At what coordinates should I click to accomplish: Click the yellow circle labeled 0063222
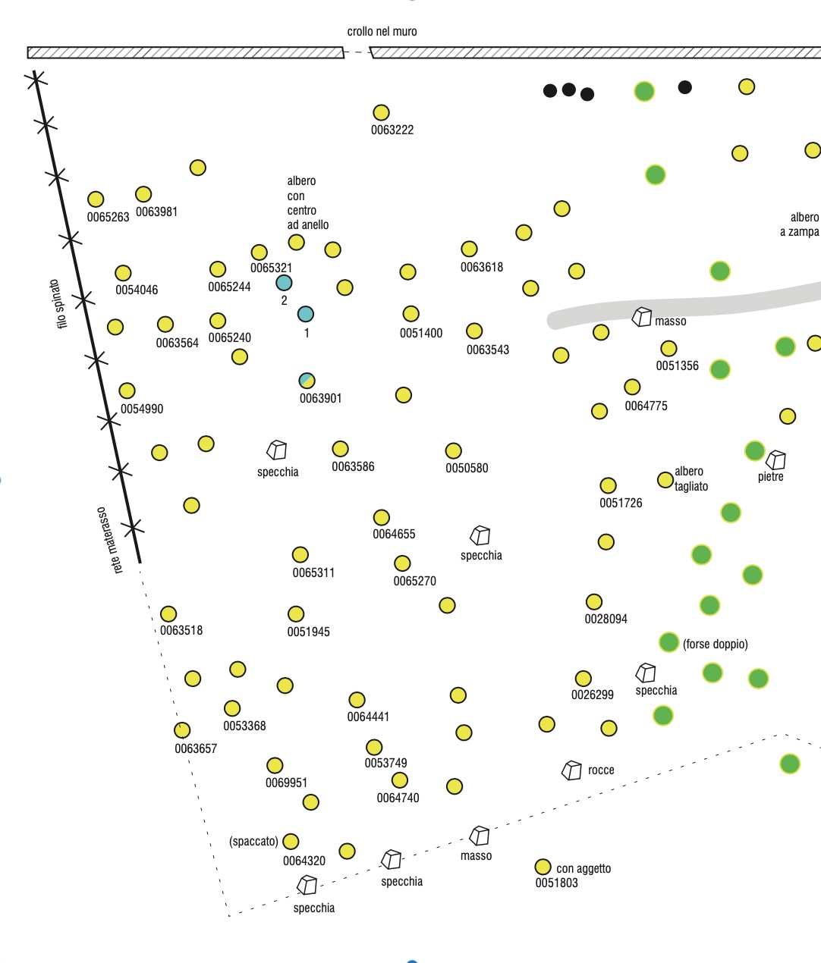click(381, 113)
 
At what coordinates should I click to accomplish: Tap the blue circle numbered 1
click(305, 314)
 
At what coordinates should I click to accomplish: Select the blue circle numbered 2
click(284, 283)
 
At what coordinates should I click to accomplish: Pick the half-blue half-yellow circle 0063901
click(307, 381)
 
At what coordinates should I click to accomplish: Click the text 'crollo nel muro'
click(382, 31)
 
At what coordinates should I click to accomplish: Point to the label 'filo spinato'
click(58, 303)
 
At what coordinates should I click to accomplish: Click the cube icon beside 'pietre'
click(775, 460)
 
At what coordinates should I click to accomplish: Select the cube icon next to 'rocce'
click(571, 770)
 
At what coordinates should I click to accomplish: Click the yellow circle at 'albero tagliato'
click(665, 479)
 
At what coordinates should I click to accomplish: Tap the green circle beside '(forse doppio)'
click(668, 642)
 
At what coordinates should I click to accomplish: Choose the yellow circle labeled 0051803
click(543, 867)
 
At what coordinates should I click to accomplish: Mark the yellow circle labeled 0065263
click(96, 199)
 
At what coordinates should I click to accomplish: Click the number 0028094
click(606, 619)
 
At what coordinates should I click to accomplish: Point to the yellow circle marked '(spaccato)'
click(291, 842)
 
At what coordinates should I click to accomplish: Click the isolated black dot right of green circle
click(684, 87)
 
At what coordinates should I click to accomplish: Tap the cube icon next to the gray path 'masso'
click(642, 317)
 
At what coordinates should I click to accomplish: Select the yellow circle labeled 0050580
click(454, 451)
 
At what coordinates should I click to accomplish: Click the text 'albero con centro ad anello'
click(307, 203)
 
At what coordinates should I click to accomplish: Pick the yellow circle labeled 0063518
click(168, 613)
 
